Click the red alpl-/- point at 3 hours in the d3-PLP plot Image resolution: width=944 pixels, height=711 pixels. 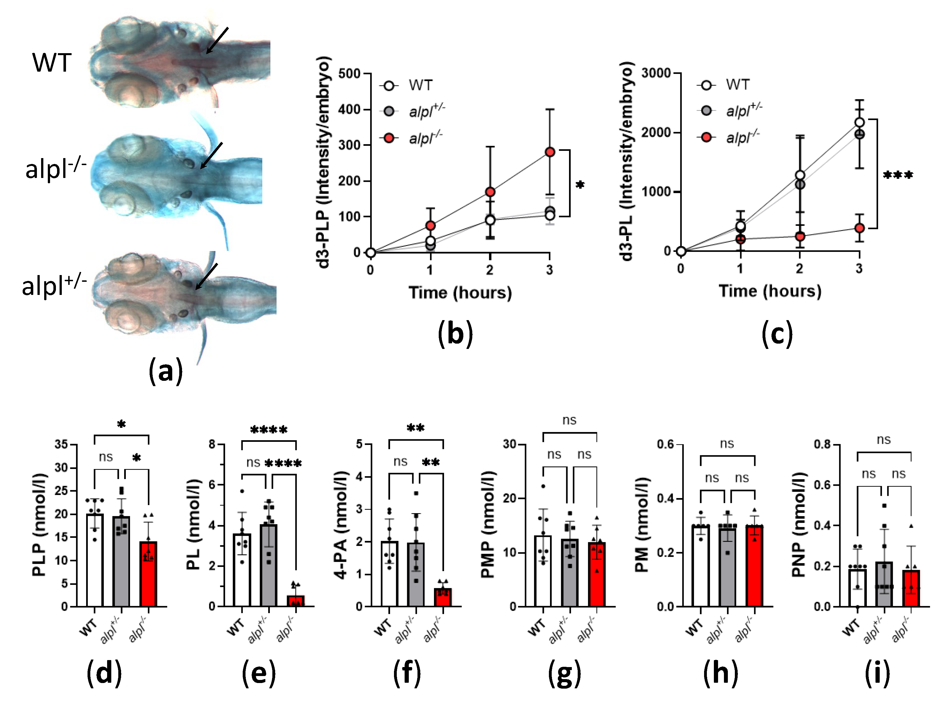point(550,152)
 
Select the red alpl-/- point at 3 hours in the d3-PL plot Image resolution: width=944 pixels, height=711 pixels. point(859,228)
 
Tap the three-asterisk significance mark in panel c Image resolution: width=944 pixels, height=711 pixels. point(898,175)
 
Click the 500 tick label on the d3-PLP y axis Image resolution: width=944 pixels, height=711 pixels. point(349,74)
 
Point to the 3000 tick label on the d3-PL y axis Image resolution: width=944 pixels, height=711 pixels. point(656,73)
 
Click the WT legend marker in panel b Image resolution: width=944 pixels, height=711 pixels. point(389,85)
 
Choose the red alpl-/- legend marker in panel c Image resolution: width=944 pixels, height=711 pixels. point(706,137)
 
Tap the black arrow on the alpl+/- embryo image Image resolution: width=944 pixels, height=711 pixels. point(207,276)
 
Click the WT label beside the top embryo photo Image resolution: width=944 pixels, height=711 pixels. point(52,62)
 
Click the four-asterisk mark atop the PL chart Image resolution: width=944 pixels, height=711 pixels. point(269,430)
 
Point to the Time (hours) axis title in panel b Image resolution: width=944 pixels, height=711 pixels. point(460,293)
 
